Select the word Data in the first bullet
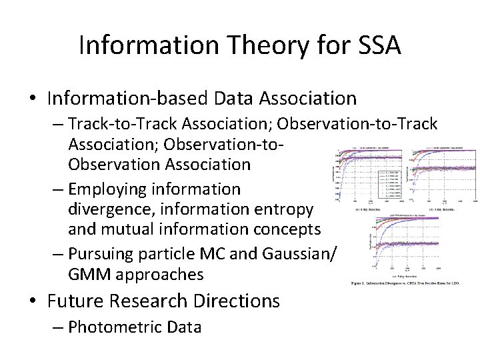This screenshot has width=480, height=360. (237, 99)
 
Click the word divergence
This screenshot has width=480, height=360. (105, 209)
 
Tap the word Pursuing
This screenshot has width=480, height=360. (105, 255)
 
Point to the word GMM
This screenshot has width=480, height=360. (86, 275)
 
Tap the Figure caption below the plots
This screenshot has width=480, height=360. (414, 283)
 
